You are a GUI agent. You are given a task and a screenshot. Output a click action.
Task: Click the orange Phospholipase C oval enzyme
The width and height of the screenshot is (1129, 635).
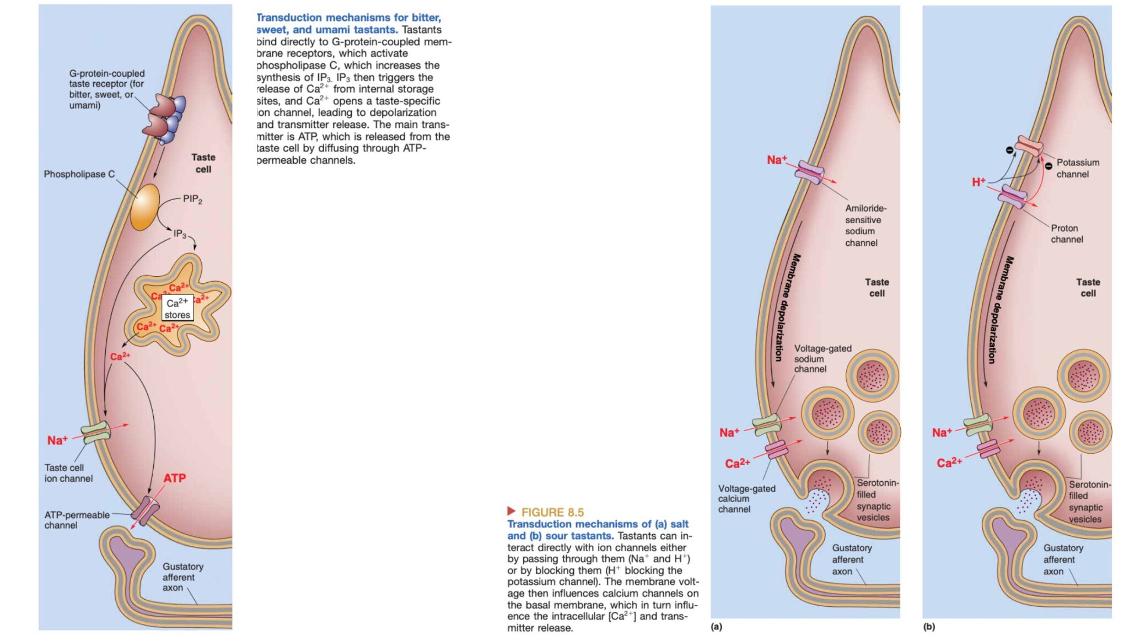(145, 207)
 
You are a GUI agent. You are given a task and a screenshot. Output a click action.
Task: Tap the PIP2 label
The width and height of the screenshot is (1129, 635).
(192, 199)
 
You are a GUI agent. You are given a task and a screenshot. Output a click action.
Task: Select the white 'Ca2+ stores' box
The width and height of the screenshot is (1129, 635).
(177, 309)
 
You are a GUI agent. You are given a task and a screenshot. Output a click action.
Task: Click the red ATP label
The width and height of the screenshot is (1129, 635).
(174, 478)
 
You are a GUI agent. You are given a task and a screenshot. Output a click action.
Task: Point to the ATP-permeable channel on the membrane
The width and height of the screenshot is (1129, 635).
(145, 510)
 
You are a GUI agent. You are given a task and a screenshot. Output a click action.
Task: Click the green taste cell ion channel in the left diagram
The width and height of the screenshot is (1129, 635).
(96, 432)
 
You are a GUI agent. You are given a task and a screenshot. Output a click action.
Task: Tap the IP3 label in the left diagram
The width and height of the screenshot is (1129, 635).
(180, 234)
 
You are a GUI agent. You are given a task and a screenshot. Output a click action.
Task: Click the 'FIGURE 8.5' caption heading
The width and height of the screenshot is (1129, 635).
(552, 512)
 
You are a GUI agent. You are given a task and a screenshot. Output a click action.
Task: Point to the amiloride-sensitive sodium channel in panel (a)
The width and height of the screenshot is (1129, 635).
(809, 173)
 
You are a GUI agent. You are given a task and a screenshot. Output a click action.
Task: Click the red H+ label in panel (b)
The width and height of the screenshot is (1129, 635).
(979, 182)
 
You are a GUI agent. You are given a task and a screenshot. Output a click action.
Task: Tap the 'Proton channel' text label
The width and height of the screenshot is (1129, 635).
(1066, 234)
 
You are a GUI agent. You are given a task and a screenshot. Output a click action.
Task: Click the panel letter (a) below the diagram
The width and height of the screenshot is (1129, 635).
(716, 627)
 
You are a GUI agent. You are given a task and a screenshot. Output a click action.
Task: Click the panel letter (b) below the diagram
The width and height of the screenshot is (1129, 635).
(929, 627)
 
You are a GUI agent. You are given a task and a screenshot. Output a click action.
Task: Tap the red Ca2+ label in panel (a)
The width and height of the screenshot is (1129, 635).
(737, 464)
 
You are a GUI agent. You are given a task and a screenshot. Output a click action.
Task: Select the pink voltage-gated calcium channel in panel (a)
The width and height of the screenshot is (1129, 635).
(776, 449)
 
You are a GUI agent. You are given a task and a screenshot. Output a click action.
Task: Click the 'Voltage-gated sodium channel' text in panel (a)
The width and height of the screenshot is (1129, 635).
(822, 359)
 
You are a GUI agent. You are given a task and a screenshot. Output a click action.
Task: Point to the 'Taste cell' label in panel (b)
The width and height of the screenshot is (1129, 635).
(1088, 288)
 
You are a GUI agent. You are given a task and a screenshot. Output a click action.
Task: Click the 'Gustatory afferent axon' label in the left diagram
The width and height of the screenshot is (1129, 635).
(182, 577)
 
